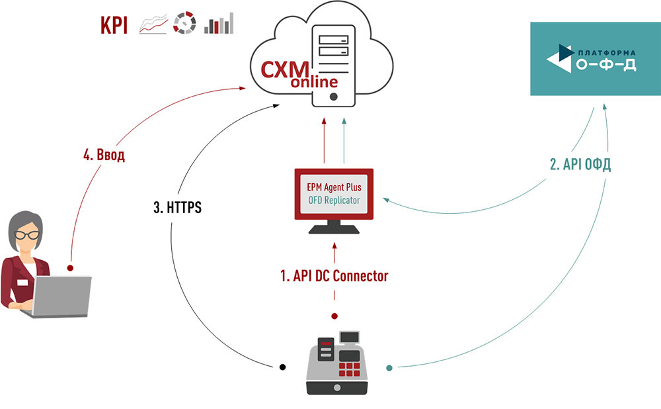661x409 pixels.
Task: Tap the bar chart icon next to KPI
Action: [x=219, y=24]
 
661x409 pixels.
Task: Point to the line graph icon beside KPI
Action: [x=153, y=24]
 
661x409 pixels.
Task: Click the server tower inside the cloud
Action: [x=333, y=63]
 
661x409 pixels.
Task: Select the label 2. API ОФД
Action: [x=580, y=164]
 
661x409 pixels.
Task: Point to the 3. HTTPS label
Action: [x=177, y=208]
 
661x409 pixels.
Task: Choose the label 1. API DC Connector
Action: [x=334, y=276]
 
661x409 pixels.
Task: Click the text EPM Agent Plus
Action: [x=334, y=187]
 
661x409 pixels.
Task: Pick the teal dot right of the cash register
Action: [x=389, y=367]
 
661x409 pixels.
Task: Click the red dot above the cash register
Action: [x=334, y=316]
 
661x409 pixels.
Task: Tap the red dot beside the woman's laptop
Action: [x=70, y=268]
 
